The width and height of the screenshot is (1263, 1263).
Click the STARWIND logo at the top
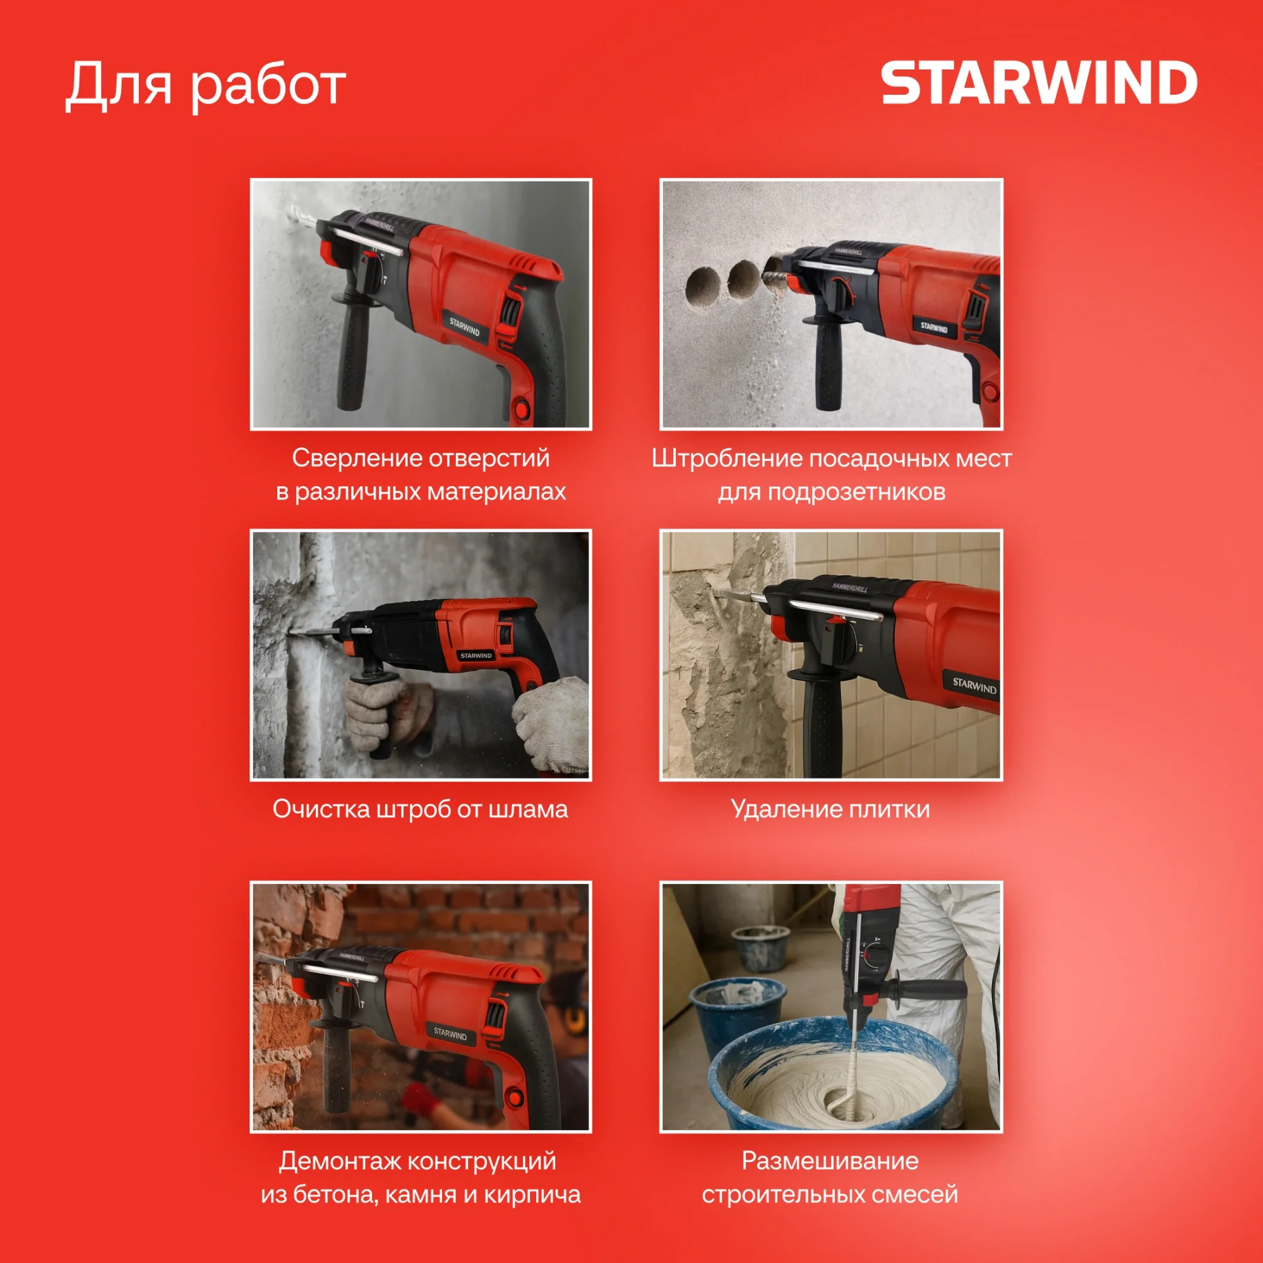click(x=1039, y=82)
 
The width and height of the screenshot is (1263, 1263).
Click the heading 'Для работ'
click(x=205, y=86)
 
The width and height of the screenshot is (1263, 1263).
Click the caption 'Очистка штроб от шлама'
click(x=421, y=809)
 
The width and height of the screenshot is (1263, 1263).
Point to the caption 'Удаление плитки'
click(x=830, y=810)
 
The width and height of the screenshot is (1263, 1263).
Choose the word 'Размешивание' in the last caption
click(x=830, y=1161)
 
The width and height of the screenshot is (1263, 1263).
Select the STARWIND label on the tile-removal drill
click(x=974, y=686)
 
